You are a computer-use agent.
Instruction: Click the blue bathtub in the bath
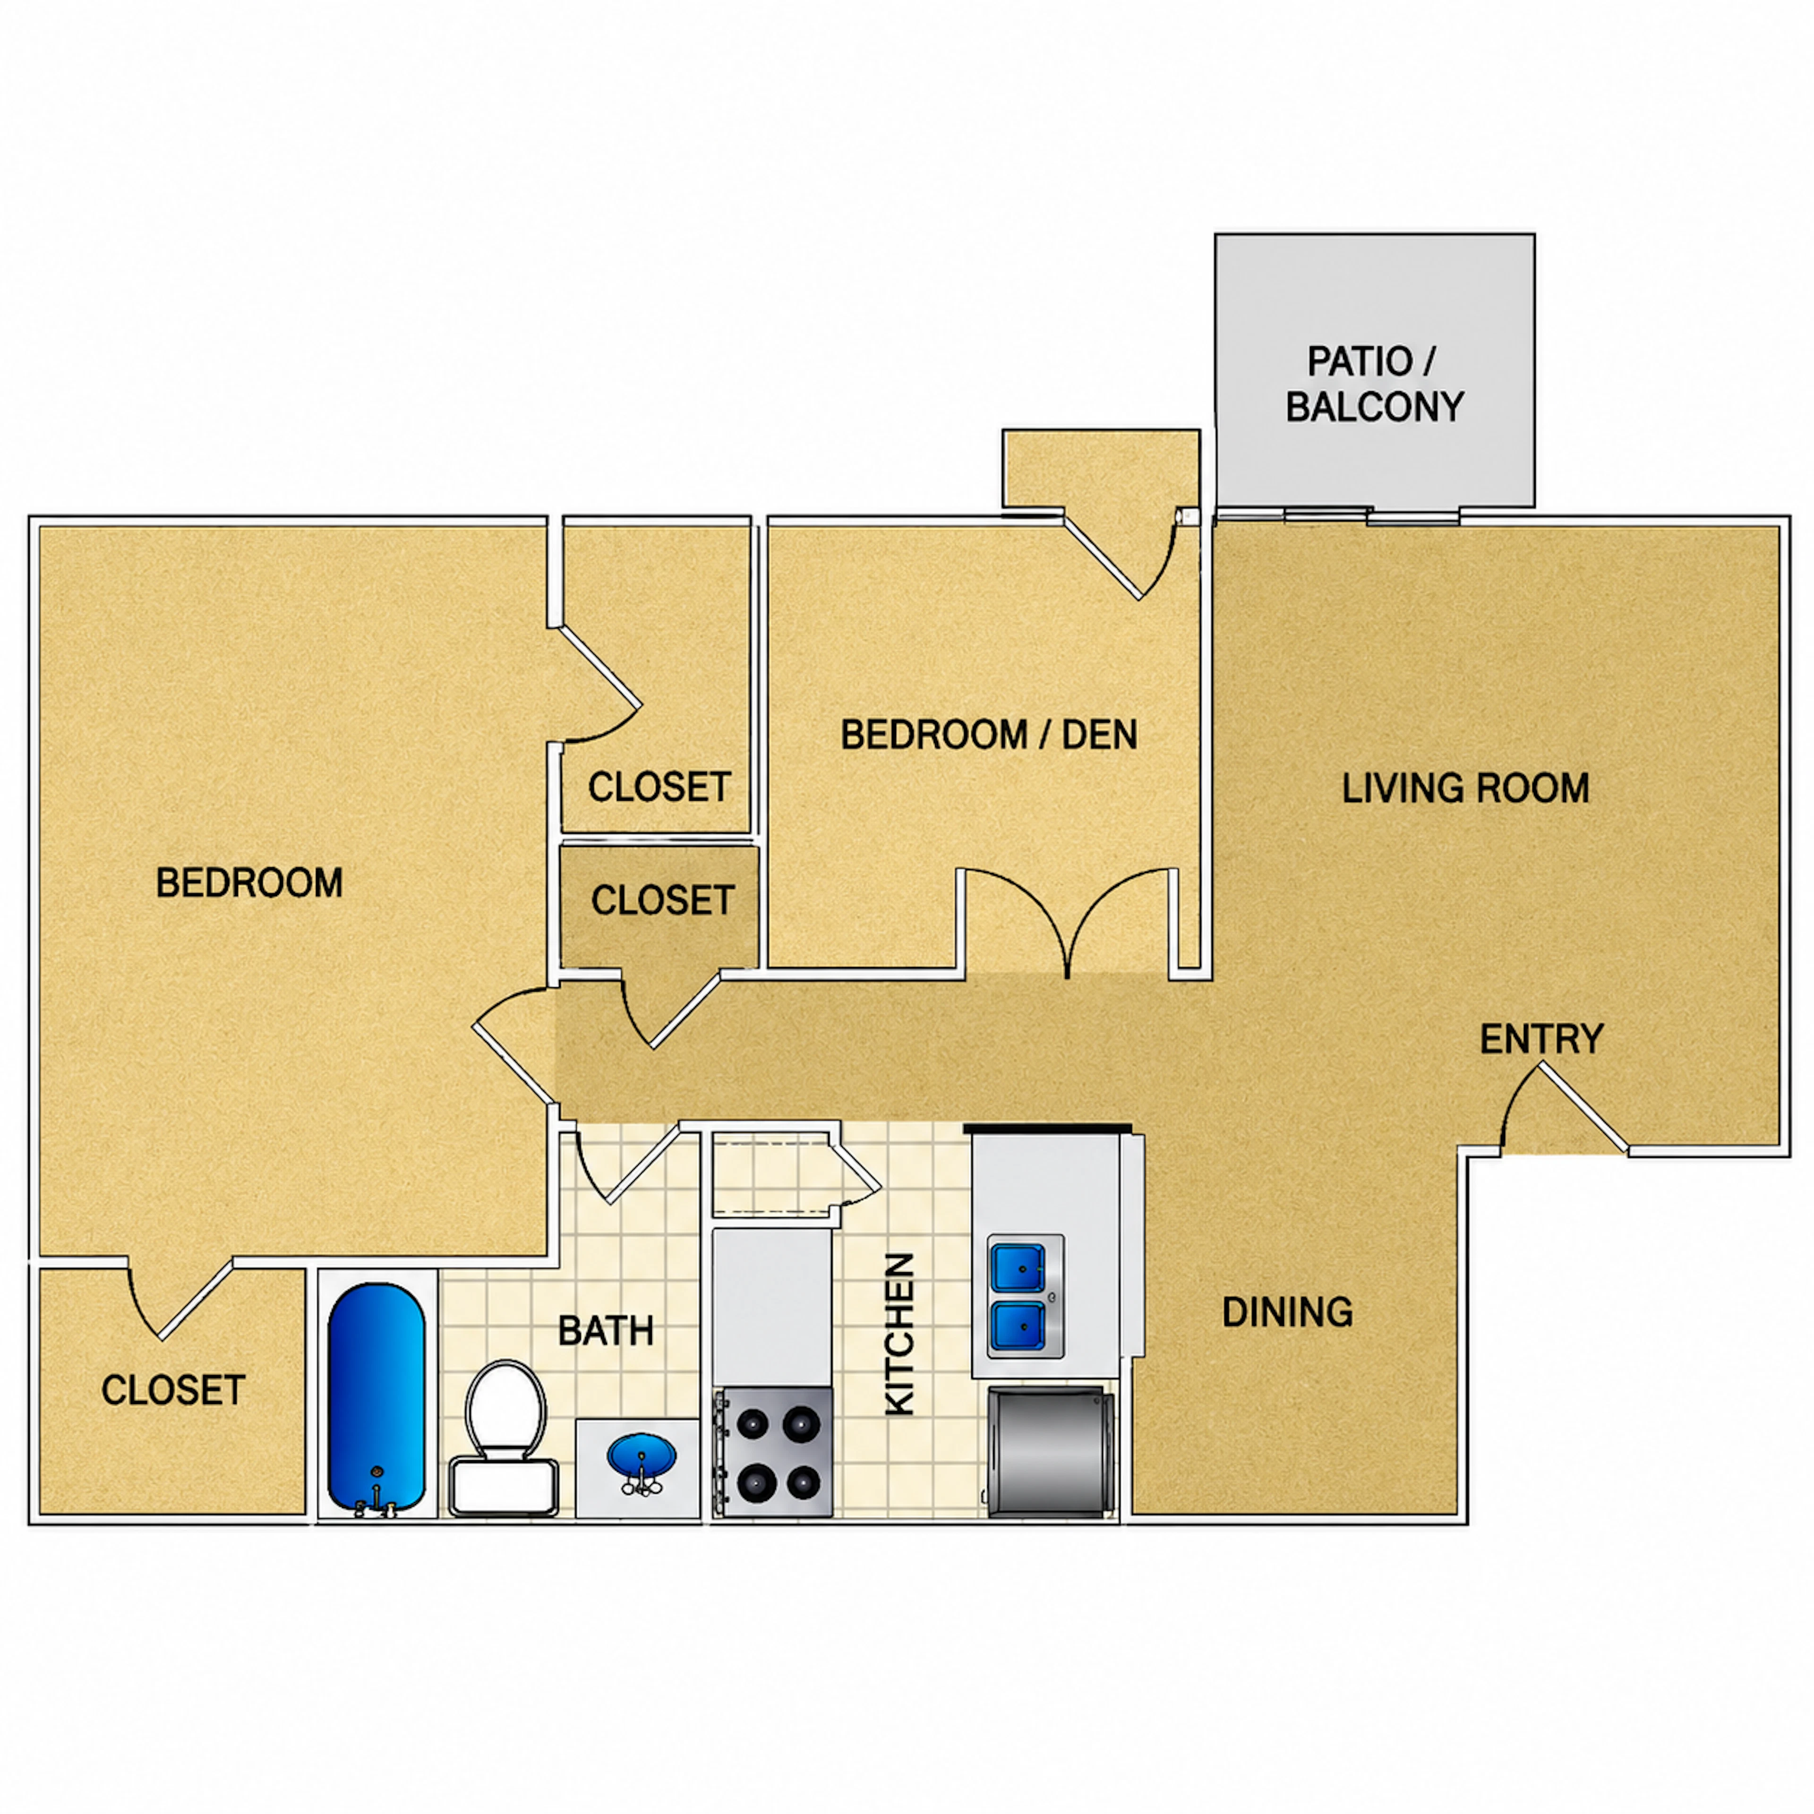[376, 1398]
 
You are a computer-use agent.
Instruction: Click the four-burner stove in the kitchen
[773, 1452]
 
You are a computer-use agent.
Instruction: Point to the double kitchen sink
[1025, 1296]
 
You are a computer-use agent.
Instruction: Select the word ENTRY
[1542, 1038]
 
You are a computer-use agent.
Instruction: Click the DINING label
[1287, 1312]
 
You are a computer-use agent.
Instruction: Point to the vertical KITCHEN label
[899, 1333]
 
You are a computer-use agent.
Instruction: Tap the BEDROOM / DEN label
[989, 734]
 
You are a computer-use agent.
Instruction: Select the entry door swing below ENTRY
[1563, 1108]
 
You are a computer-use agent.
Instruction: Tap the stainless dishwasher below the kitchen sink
[1049, 1452]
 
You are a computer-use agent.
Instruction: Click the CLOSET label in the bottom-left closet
[173, 1390]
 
